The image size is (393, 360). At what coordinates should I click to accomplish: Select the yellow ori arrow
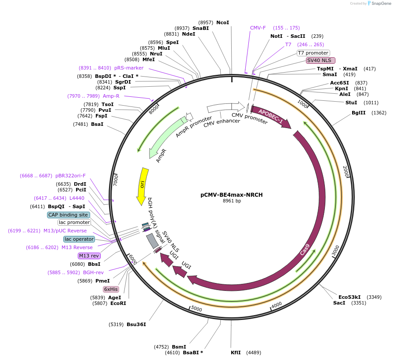(142, 185)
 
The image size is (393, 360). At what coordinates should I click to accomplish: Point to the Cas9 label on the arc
(305, 250)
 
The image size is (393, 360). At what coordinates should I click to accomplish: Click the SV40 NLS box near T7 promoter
(320, 60)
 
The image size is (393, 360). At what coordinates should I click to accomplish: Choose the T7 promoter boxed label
(313, 53)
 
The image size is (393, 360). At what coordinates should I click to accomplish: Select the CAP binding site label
(69, 215)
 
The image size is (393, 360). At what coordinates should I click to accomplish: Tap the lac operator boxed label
(79, 239)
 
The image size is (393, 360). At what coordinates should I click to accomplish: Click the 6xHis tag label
(111, 289)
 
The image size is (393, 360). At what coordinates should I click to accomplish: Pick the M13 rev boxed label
(89, 256)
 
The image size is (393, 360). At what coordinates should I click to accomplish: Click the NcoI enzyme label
(222, 22)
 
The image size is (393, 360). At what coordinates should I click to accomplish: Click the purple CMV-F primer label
(258, 28)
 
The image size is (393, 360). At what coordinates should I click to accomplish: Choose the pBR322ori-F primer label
(70, 176)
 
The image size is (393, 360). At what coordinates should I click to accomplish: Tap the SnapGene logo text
(381, 4)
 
